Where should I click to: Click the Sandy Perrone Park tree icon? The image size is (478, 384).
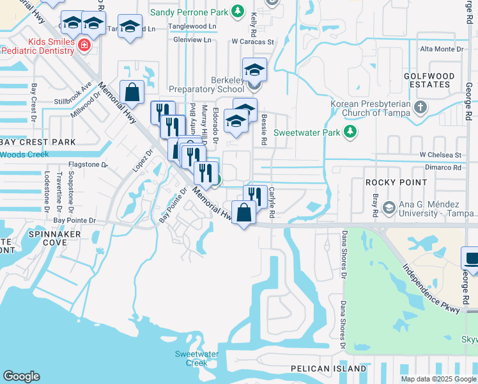pos(238,11)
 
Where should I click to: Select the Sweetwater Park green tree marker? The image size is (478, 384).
pos(350,132)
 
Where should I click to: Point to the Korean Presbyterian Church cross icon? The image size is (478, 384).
pos(420,106)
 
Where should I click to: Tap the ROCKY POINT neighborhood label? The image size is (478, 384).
pos(396,182)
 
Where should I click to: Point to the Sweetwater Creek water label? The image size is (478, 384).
pos(197,358)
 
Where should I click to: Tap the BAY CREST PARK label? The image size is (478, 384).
pos(38,141)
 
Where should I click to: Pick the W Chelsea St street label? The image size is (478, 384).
pos(440,155)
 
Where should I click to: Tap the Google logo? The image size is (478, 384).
pos(21,376)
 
